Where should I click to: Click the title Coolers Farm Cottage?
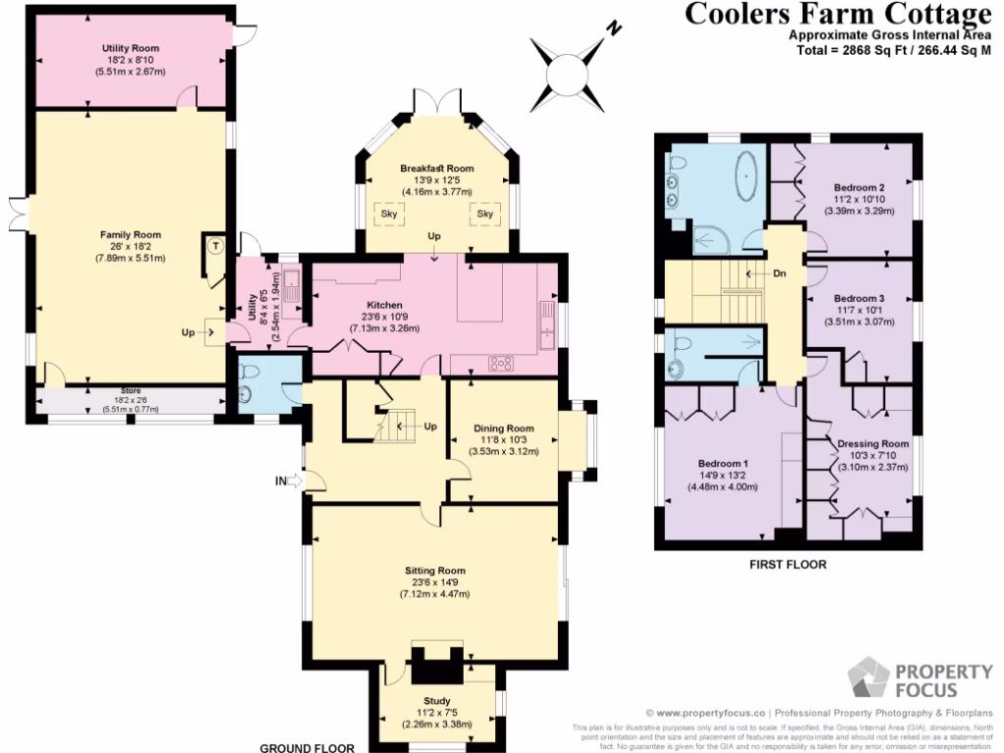click(x=836, y=14)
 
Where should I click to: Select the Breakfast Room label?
click(x=436, y=169)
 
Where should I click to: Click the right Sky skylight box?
click(x=484, y=214)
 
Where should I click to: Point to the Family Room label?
click(x=129, y=235)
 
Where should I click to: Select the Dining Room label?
click(x=504, y=428)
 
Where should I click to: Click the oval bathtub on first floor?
click(x=748, y=174)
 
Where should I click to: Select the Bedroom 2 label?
click(x=860, y=187)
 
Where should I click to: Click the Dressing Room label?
click(x=873, y=444)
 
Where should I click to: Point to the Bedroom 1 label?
click(x=724, y=464)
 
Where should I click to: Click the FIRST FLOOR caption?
click(x=787, y=565)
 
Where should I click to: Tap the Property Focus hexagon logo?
click(x=869, y=679)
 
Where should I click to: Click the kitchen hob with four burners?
click(x=504, y=363)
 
